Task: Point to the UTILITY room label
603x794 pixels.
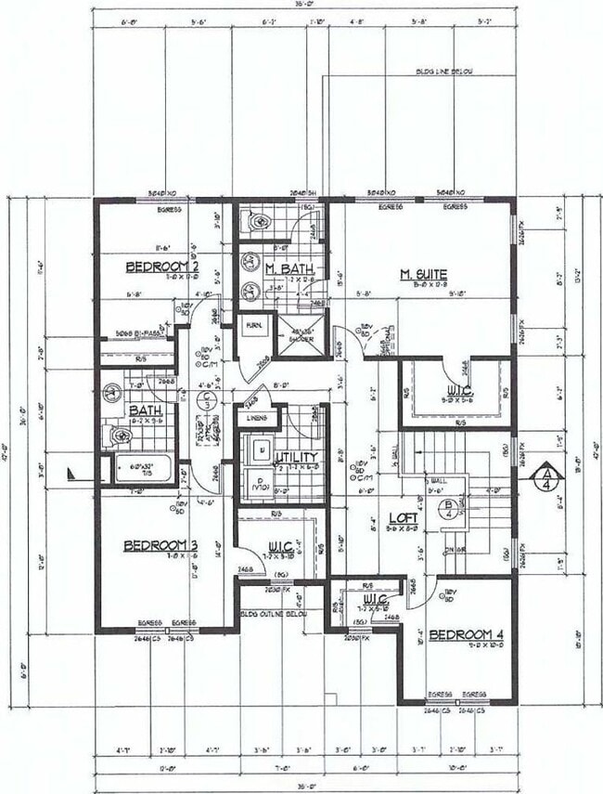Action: pos(296,457)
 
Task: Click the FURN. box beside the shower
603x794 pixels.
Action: pos(252,326)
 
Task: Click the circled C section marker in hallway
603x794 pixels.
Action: pos(208,398)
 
